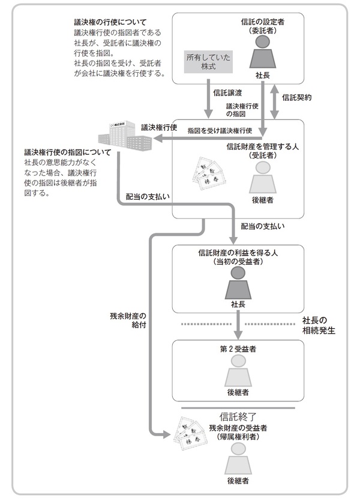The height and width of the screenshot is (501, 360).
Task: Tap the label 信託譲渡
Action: pyautogui.click(x=227, y=93)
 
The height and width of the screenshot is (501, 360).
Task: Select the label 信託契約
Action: pyautogui.click(x=296, y=97)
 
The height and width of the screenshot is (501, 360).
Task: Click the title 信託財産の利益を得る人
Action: pyautogui.click(x=238, y=253)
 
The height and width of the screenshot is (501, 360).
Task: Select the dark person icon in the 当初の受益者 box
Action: pyautogui.click(x=238, y=282)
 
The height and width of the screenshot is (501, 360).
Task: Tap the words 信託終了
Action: pyautogui.click(x=238, y=416)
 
